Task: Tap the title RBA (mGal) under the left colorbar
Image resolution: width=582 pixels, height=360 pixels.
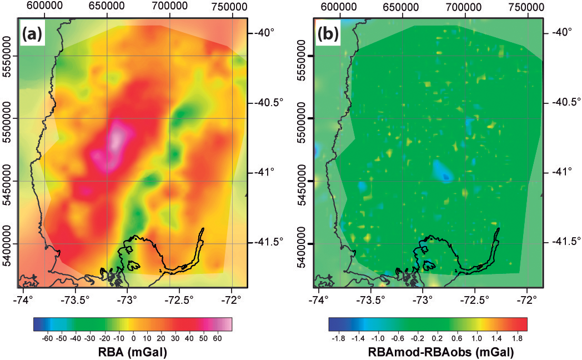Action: coord(133,352)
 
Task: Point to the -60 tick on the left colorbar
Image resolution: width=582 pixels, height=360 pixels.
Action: coord(48,337)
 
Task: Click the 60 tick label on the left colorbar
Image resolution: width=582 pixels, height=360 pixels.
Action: coord(218,337)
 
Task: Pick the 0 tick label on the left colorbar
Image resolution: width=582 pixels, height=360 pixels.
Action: coord(133,337)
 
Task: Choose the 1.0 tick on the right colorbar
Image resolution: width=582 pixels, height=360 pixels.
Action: coord(475,337)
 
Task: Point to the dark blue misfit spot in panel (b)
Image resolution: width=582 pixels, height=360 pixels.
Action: coord(446,177)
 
